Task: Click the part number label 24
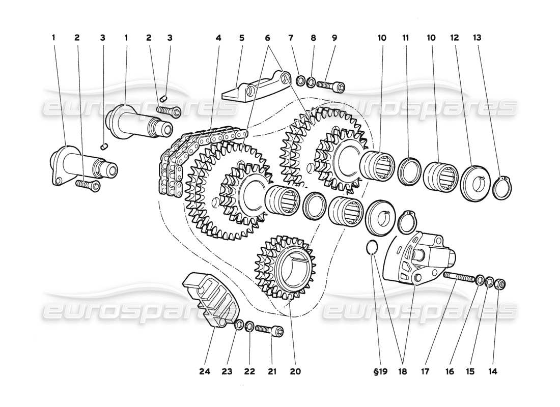tap(204, 372)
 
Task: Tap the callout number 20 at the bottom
tap(295, 372)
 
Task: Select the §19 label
tap(380, 372)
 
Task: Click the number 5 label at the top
tap(242, 38)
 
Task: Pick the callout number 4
tap(218, 38)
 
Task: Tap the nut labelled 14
tap(500, 283)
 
